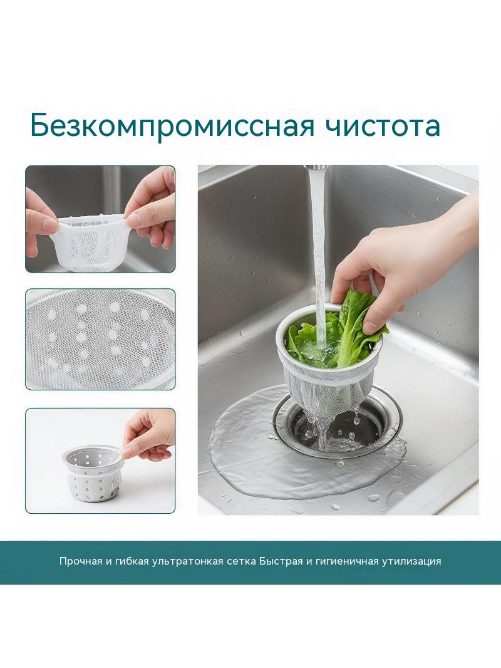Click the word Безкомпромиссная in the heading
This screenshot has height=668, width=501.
[x=172, y=125]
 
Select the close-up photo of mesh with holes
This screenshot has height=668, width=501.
[x=100, y=339]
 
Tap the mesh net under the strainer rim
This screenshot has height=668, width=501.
[x=328, y=392]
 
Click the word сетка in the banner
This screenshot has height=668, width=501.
[x=240, y=561]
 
